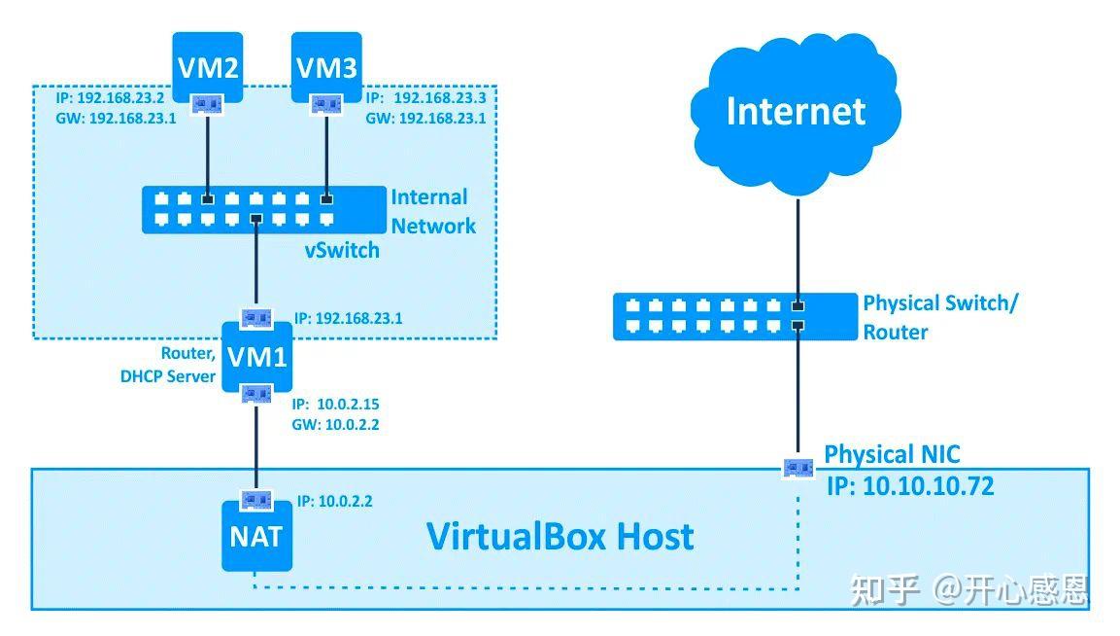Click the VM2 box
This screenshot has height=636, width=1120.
[x=207, y=68]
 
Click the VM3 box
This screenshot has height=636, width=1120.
[x=326, y=68]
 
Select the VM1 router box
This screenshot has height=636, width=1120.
[x=256, y=357]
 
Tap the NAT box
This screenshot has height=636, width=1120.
[x=256, y=536]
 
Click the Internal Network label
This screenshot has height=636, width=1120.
[x=433, y=211]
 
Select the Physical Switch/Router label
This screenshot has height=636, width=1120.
[x=939, y=317]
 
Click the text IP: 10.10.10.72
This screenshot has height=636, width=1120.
[x=910, y=486]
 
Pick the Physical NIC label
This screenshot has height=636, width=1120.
[x=892, y=454]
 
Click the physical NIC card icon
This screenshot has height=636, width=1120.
[x=798, y=468]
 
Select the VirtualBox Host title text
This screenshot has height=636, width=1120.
[x=560, y=536]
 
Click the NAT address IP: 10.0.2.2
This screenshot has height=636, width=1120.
[x=334, y=502]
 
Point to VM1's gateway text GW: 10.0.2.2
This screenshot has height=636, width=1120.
[x=334, y=425]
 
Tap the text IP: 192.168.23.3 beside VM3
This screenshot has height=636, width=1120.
[x=425, y=98]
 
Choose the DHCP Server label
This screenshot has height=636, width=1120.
[x=167, y=376]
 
